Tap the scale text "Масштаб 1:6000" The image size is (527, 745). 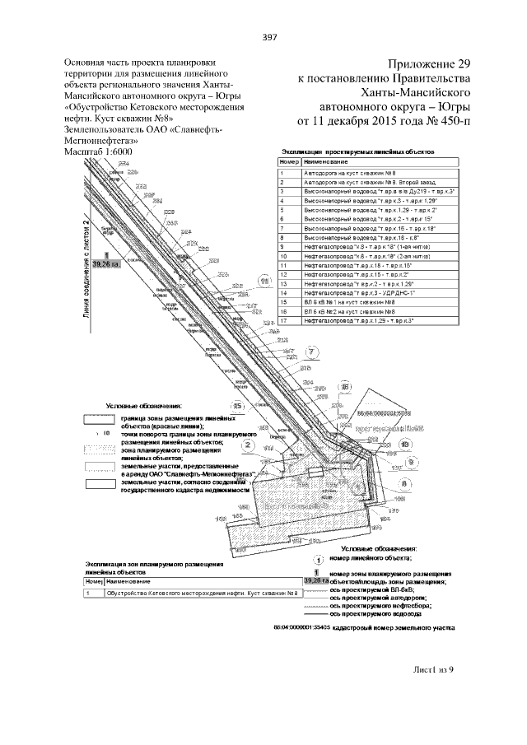pyautogui.click(x=98, y=152)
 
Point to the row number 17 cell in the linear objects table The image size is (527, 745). pyautogui.click(x=282, y=321)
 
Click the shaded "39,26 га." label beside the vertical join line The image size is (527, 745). pyautogui.click(x=106, y=264)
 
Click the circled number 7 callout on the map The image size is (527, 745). pyautogui.click(x=312, y=352)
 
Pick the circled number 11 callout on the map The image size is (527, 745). pyautogui.click(x=263, y=281)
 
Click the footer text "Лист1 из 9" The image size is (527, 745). pyautogui.click(x=433, y=668)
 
